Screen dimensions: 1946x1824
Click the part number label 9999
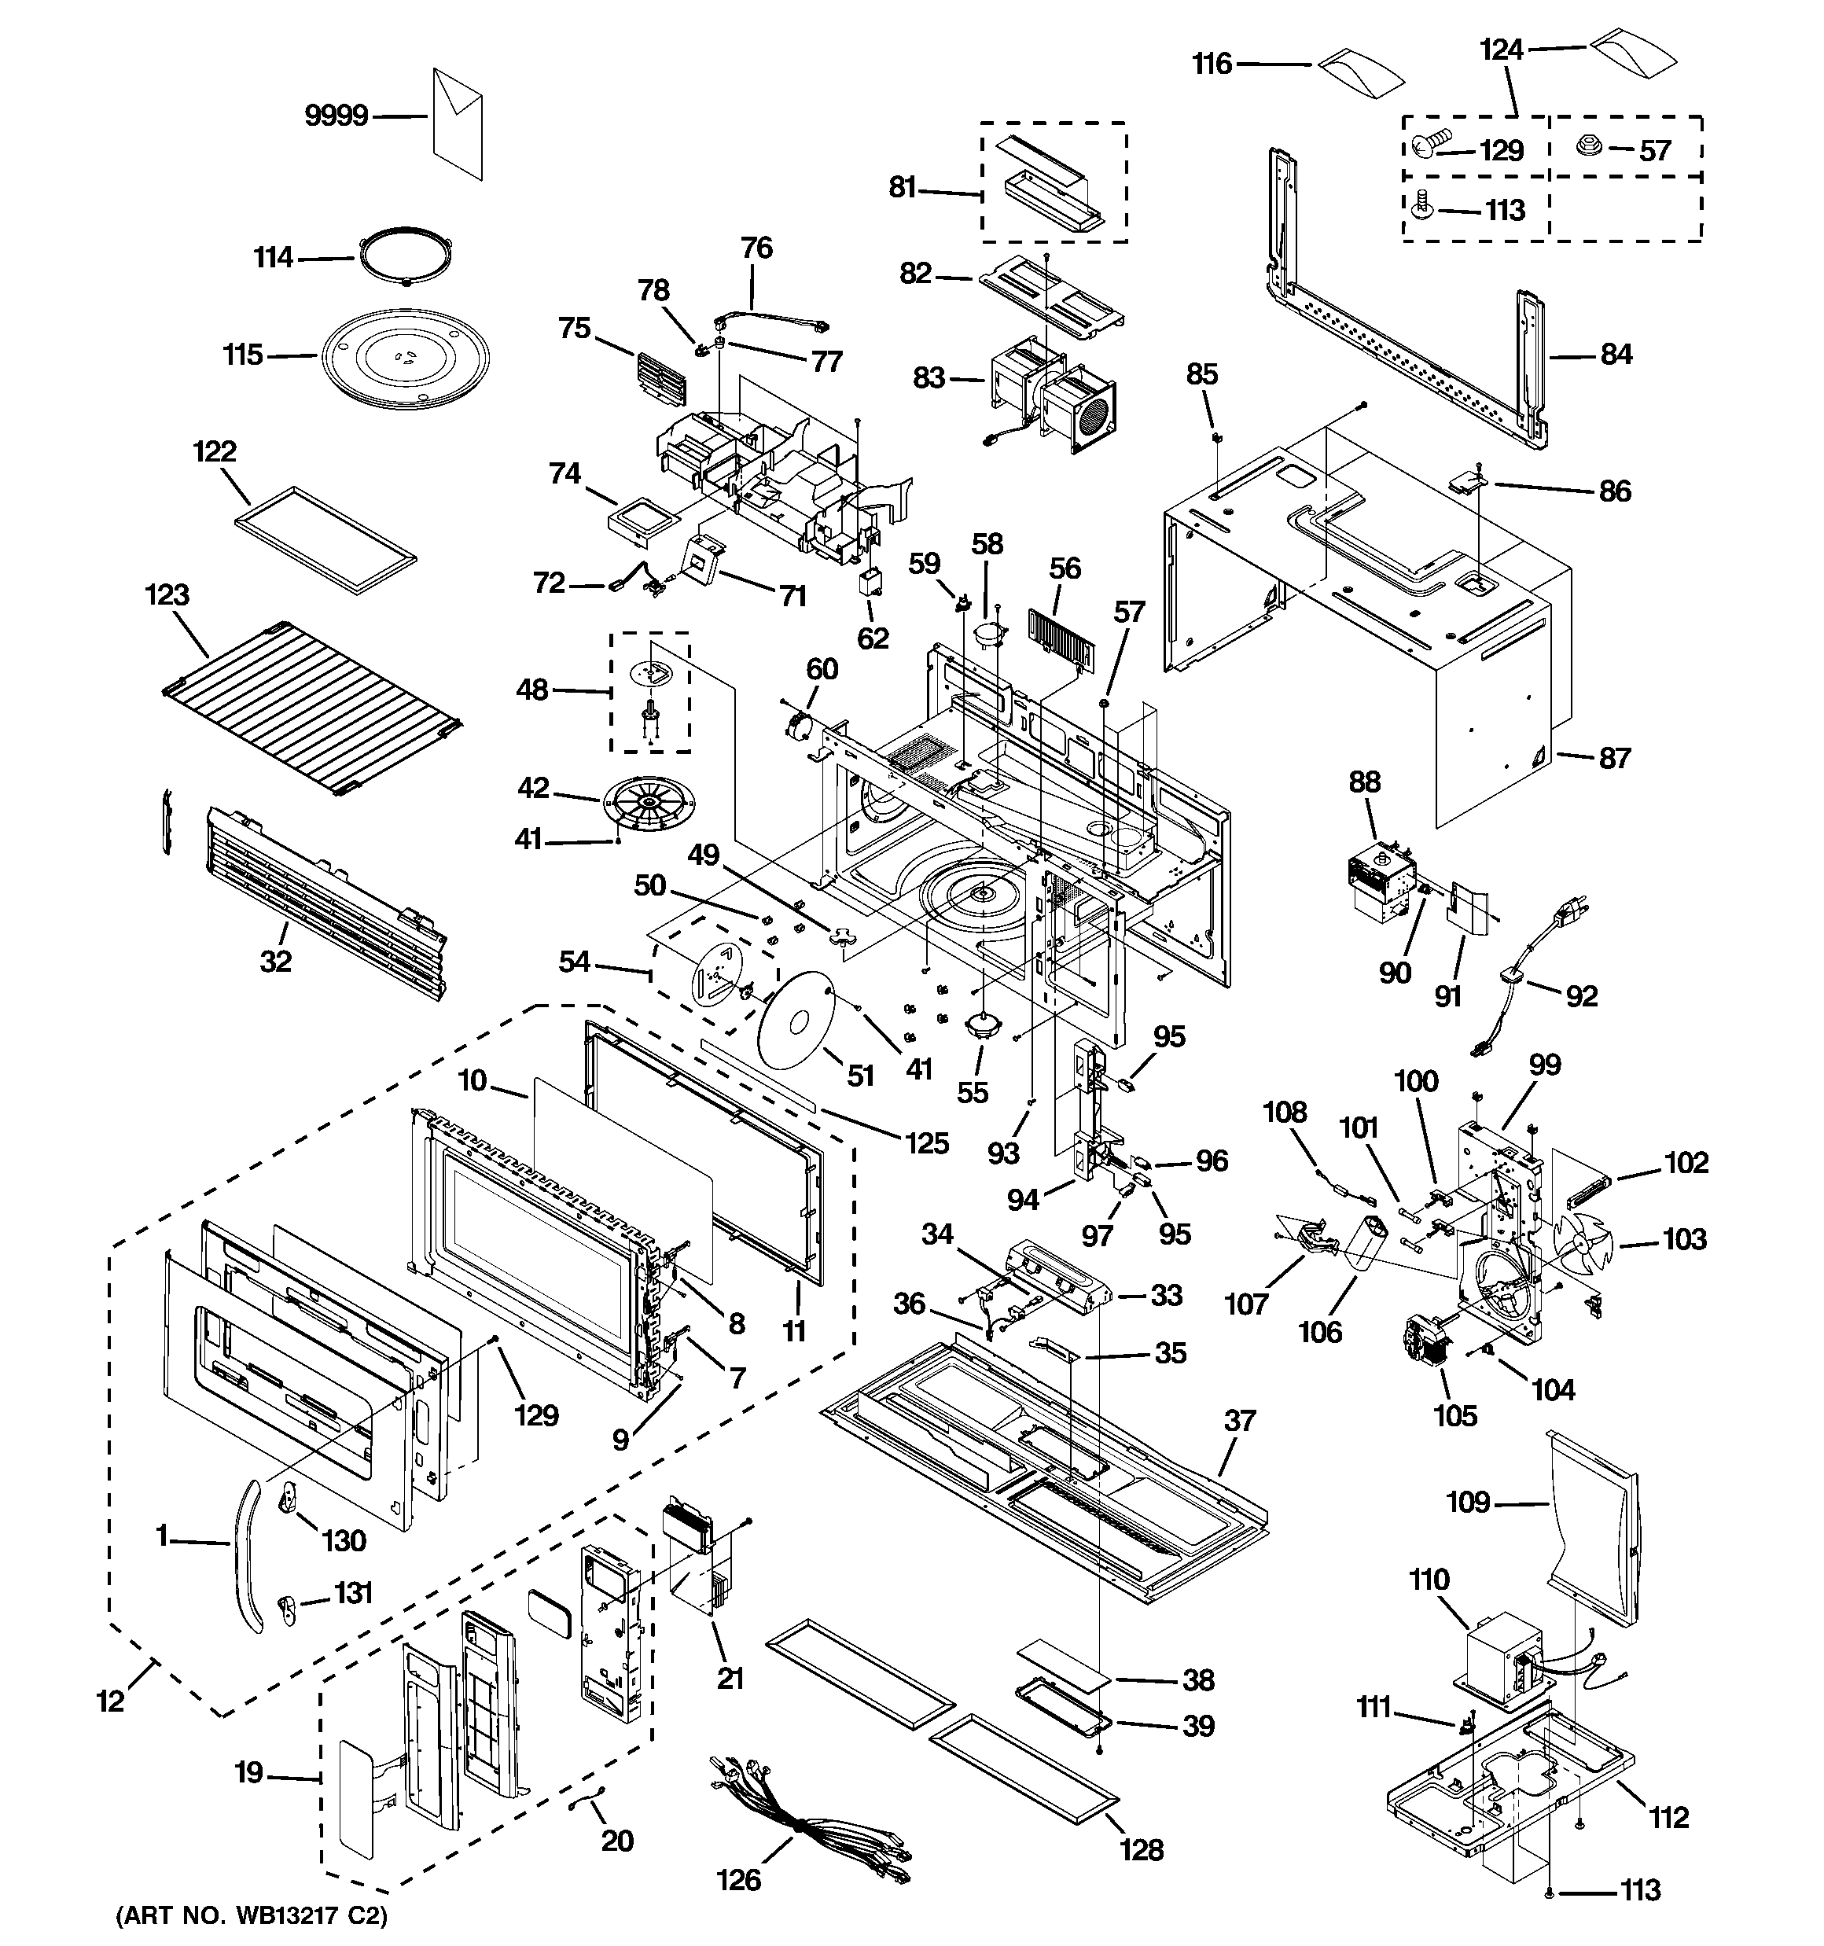pyautogui.click(x=336, y=116)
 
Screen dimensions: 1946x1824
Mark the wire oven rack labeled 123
pyautogui.click(x=311, y=707)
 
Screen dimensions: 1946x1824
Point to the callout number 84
pyautogui.click(x=1616, y=355)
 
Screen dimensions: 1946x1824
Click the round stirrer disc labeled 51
pyautogui.click(x=795, y=1019)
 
